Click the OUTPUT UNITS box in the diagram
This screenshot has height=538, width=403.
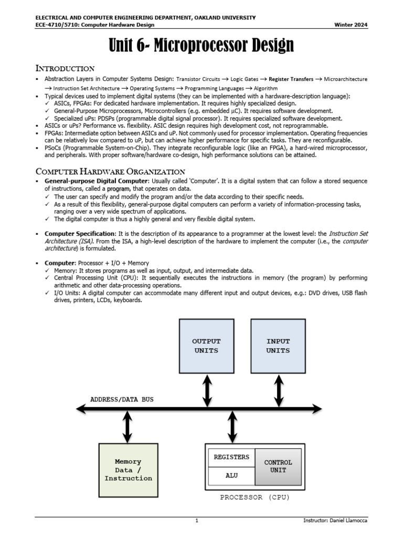click(206, 346)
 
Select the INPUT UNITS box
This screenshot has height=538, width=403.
click(278, 346)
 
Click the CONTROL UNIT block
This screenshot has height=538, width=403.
click(278, 467)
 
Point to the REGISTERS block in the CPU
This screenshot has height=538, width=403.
click(231, 457)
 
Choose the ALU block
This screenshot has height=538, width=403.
click(231, 475)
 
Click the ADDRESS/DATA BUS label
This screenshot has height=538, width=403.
click(122, 399)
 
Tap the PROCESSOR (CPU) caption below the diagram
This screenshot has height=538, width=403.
click(255, 497)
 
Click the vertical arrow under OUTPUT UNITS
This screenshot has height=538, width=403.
click(207, 391)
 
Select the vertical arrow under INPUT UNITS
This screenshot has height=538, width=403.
click(278, 391)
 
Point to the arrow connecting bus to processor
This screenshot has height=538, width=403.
click(232, 427)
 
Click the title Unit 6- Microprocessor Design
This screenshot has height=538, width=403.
click(201, 46)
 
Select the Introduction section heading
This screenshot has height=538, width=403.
click(65, 68)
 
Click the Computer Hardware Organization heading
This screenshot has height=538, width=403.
click(110, 171)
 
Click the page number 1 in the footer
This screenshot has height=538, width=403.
click(196, 521)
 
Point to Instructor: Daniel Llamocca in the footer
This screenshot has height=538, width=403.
click(336, 521)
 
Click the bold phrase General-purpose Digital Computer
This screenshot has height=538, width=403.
click(89, 181)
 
